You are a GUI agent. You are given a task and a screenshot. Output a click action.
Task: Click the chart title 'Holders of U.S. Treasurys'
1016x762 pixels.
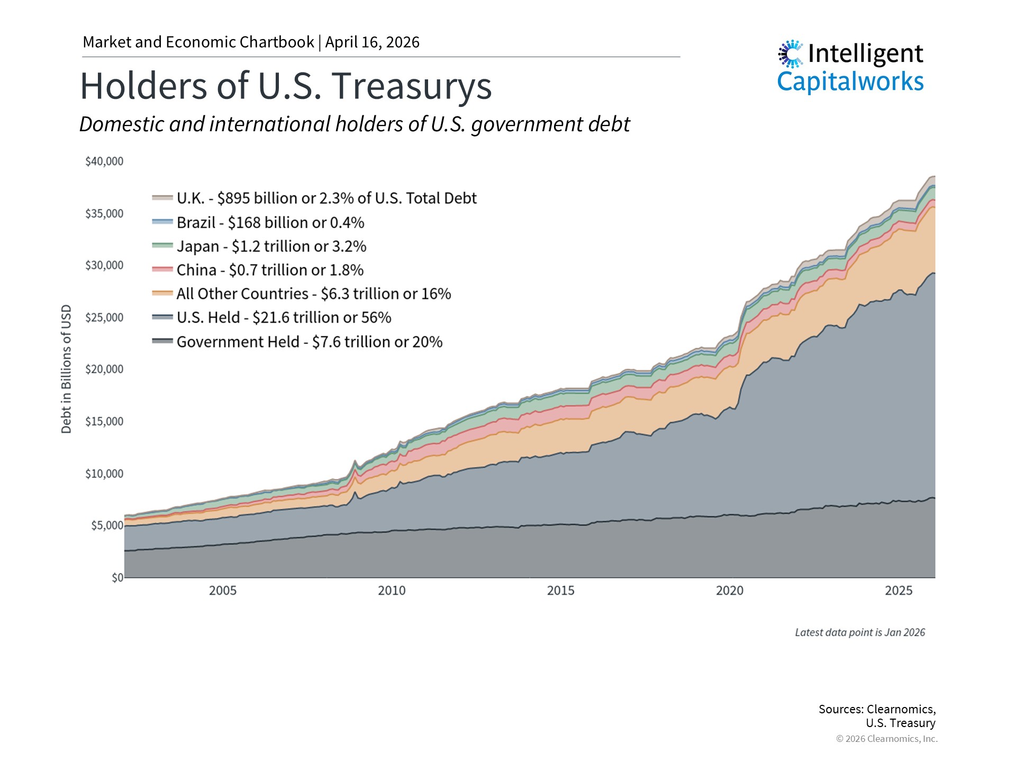(286, 86)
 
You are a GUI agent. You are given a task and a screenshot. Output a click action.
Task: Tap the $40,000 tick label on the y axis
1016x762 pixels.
(104, 161)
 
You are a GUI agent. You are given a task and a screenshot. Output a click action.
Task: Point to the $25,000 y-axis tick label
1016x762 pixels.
(104, 317)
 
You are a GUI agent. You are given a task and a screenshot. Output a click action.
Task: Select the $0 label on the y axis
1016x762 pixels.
(117, 578)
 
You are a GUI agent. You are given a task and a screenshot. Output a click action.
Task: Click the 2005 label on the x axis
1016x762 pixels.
(223, 591)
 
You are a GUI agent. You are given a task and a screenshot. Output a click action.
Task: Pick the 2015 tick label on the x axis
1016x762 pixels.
(560, 591)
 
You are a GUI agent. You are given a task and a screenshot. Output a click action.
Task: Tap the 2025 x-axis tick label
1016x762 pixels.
(899, 591)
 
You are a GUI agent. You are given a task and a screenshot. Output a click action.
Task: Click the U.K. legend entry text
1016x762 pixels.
(326, 198)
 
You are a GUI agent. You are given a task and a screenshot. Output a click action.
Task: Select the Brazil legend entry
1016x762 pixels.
(270, 223)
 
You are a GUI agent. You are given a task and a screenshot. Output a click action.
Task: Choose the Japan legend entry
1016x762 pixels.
(271, 247)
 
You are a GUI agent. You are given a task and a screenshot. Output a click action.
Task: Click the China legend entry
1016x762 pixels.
(270, 270)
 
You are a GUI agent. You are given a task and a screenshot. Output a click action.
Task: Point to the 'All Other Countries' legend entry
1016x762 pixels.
(313, 294)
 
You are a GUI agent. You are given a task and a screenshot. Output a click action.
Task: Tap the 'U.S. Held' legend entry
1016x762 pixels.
(284, 317)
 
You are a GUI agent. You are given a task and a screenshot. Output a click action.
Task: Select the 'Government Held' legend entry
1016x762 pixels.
(309, 342)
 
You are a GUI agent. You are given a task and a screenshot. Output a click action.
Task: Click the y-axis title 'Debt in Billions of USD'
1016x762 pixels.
(66, 369)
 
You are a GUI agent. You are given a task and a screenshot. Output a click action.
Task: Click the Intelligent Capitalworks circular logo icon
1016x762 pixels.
(791, 53)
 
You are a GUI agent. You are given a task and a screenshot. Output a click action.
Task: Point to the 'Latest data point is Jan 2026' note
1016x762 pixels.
(860, 632)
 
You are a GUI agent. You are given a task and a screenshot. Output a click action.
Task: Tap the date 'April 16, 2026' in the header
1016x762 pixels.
(372, 42)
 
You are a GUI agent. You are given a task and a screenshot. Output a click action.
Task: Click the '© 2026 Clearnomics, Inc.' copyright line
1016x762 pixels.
(886, 739)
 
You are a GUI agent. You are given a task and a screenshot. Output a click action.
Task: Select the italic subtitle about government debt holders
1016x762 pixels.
(355, 124)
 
